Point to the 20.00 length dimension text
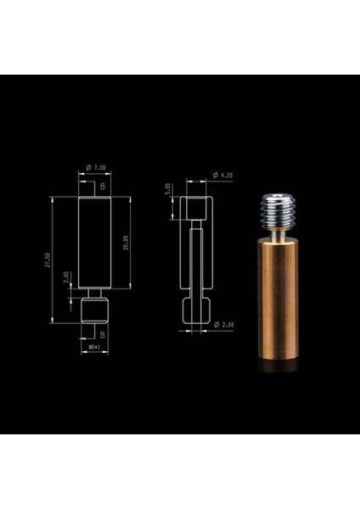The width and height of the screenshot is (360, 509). (126, 242)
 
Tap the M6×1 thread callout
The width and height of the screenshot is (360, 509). (95, 348)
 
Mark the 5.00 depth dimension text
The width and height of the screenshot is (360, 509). (170, 189)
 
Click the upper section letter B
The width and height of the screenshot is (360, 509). (103, 183)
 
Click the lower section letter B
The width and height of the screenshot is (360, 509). (103, 336)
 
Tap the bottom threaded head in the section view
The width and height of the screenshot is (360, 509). (197, 311)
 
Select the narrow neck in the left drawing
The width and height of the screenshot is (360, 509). (95, 295)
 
